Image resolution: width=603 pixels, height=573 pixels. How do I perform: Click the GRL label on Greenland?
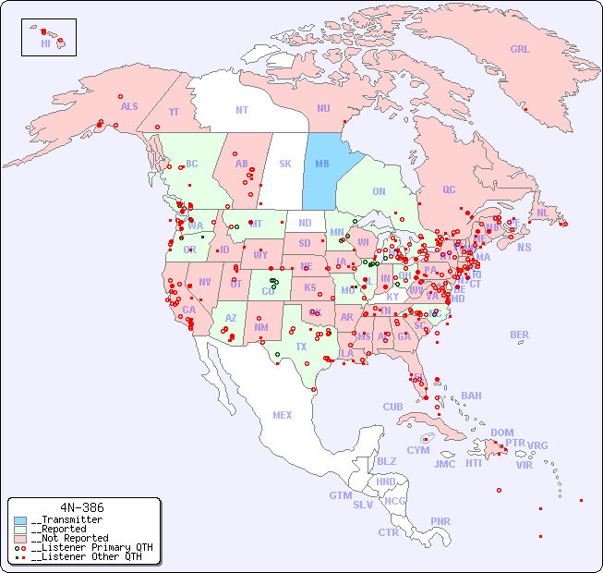pos(520,50)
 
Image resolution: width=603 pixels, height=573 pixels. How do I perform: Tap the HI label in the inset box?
pos(45,43)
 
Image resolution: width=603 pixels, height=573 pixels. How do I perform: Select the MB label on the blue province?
pos(322,164)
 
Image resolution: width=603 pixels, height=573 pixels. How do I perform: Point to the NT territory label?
pos(242,110)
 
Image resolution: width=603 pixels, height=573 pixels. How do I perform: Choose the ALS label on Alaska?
pos(129,106)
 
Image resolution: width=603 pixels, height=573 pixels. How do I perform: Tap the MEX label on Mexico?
pos(283,415)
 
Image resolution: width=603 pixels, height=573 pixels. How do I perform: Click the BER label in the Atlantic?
pos(520,335)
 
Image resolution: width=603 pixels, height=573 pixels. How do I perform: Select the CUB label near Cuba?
pos(392,407)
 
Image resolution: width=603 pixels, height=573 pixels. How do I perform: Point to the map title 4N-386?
pos(81,507)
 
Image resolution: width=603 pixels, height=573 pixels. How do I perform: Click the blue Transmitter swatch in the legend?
pos(20,520)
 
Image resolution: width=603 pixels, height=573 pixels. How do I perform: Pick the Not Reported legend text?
pos(69,538)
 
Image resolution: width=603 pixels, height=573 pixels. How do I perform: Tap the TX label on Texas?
pos(301,347)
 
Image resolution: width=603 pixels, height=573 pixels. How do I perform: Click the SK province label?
pos(285,164)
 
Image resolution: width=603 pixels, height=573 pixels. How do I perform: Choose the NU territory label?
pos(323,108)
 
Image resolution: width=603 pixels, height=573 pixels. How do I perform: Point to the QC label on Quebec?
pos(449,189)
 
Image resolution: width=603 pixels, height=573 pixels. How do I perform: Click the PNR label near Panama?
pos(440,521)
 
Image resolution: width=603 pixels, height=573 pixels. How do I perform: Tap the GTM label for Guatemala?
pos(340,495)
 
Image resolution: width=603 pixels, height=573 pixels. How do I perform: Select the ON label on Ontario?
pos(379,191)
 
